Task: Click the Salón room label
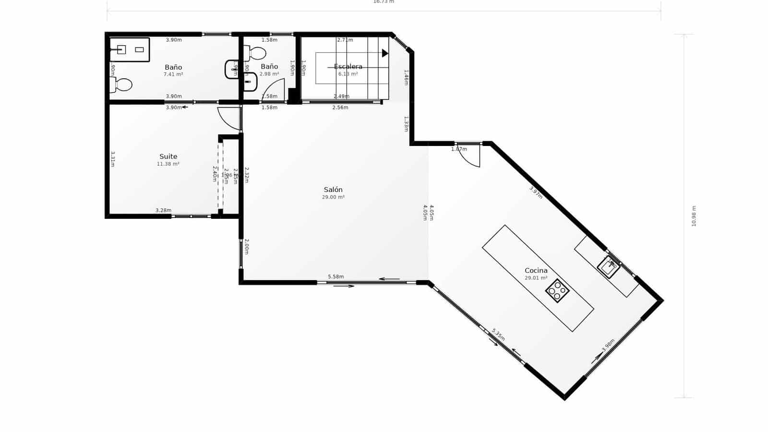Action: point(333,190)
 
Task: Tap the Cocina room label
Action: point(536,270)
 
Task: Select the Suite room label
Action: point(168,156)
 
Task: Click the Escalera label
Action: point(348,67)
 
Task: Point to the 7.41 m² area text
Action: point(173,74)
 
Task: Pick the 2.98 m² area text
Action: point(269,74)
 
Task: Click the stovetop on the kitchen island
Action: point(557,290)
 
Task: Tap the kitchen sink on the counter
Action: point(609,267)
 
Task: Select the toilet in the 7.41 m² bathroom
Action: point(122,85)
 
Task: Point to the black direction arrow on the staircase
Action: point(384,53)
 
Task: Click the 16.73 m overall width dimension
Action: point(384,2)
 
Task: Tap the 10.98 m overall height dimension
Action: point(694,216)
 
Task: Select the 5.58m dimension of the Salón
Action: point(336,276)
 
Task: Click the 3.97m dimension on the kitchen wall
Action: point(536,192)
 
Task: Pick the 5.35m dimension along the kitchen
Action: point(498,335)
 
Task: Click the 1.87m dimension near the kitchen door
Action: point(459,149)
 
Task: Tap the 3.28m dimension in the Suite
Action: point(163,210)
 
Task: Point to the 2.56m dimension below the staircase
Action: point(340,108)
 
